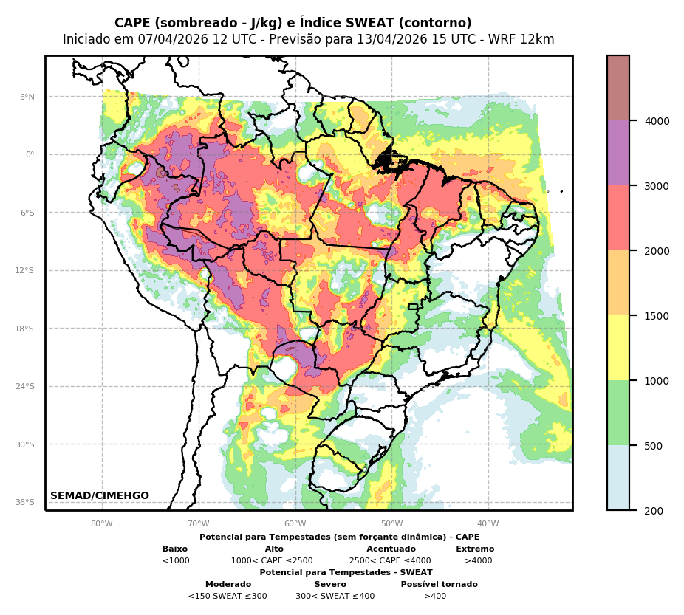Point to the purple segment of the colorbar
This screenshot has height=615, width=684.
[618, 153]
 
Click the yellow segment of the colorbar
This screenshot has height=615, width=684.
[618, 348]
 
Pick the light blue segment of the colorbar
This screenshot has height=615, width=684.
[618, 478]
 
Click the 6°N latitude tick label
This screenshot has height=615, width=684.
[27, 97]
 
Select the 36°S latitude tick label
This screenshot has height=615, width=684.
[25, 502]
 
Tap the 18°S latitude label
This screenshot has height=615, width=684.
[25, 329]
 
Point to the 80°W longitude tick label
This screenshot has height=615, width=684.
[102, 524]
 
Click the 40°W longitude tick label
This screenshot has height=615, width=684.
[488, 524]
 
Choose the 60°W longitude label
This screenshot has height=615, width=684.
[295, 524]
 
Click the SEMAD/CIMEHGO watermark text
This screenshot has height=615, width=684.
[100, 496]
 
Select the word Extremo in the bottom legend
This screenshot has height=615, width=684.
[475, 549]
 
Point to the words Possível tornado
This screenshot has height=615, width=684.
[439, 585]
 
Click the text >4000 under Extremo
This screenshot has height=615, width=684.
[478, 561]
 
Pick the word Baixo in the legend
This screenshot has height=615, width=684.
[175, 549]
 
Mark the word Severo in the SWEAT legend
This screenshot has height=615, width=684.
[330, 585]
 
